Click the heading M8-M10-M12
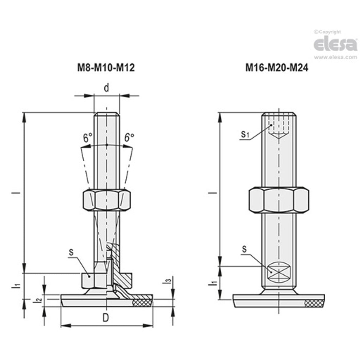[x=106, y=68]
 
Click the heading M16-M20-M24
[x=277, y=68]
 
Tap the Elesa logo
[x=335, y=44]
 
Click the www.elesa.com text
[x=335, y=58]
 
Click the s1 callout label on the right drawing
[x=245, y=134]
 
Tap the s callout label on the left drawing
[x=71, y=252]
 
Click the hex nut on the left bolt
[x=106, y=200]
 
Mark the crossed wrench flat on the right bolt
[x=278, y=272]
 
